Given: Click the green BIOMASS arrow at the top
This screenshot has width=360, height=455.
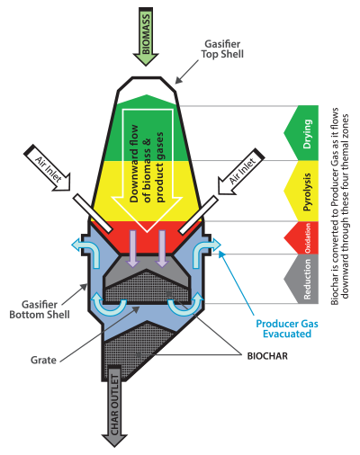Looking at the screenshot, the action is pos(146,36).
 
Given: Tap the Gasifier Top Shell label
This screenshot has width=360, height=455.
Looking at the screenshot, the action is pos(222,49).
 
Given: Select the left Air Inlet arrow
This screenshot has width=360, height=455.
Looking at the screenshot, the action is pos(47,168).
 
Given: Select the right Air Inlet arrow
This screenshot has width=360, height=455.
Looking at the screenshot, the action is pos(241,171).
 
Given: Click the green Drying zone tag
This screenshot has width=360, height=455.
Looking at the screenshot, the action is pos(301,133).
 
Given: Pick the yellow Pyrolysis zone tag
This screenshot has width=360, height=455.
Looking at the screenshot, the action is pos(301,191).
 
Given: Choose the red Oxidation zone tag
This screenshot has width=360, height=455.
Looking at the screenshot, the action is pos(301,238).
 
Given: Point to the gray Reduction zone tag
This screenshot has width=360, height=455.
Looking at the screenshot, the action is pos(301,279).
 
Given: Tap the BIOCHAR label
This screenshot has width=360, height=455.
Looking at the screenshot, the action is pos(267,356).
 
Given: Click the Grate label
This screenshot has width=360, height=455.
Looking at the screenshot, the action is pos(43,360).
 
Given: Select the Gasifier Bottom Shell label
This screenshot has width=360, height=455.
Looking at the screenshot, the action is pos(40,309).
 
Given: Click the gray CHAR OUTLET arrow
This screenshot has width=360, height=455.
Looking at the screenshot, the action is pos(114,406).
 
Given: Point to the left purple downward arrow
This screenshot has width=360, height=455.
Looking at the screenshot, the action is pos(132,249).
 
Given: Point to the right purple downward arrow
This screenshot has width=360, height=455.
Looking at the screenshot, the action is pos(162,249).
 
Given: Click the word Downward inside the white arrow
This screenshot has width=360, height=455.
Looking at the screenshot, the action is pos(133,164).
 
